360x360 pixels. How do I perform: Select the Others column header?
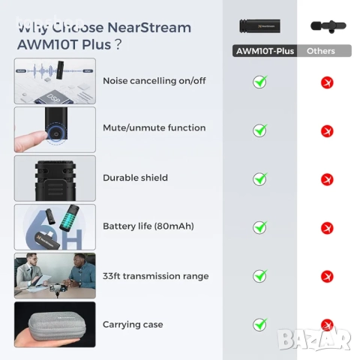coord(320,51)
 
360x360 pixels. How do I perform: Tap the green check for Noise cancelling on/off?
coord(259,82)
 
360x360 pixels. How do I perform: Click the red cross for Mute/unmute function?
coord(327,131)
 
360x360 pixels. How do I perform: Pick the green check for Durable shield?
coord(259,178)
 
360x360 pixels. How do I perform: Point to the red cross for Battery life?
coord(327,228)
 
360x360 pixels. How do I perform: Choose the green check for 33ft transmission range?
coord(259,276)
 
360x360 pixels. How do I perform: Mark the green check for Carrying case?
coord(259,325)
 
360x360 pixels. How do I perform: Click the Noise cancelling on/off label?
coord(154,81)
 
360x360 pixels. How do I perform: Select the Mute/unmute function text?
coord(154,128)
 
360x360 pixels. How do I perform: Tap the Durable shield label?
coord(135,178)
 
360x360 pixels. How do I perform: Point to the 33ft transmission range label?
coord(155,276)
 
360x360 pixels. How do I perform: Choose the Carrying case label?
coord(133,325)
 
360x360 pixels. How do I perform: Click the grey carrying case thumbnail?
coord(55,325)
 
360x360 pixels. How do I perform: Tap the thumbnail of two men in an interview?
coord(55,275)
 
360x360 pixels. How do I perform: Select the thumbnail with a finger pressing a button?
coord(55,130)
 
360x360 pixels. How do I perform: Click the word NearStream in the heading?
coord(149,28)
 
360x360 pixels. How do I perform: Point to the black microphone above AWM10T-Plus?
coord(260,26)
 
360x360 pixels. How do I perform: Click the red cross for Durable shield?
coord(327,180)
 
